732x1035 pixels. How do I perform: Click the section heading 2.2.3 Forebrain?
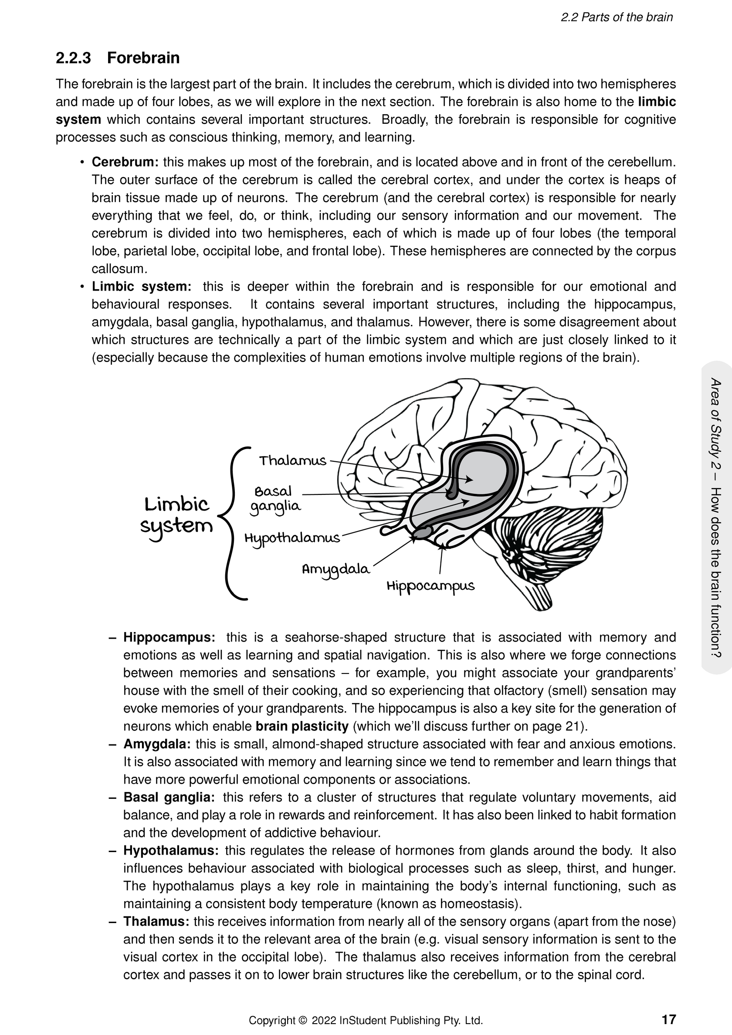point(117,58)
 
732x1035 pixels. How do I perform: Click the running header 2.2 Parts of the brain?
point(617,17)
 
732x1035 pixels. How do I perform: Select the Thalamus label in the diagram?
point(292,461)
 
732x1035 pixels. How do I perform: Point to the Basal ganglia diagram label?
point(275,499)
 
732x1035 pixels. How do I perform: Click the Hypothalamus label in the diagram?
point(292,538)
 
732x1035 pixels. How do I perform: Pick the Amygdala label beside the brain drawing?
point(335,569)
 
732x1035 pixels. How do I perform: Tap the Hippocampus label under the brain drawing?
point(430,586)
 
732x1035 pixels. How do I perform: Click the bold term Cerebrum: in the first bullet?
point(125,162)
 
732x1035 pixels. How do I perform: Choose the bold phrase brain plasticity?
point(302,726)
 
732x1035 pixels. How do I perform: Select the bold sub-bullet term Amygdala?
point(157,744)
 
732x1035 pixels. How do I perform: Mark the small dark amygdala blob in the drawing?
point(422,534)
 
